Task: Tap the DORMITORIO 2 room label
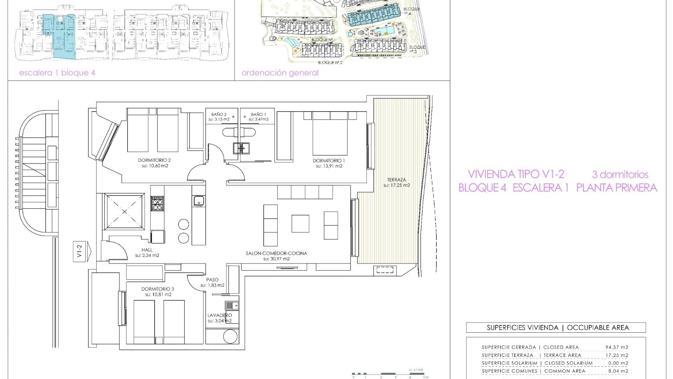(154, 160)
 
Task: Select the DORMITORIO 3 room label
(158, 289)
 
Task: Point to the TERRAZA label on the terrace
(396, 180)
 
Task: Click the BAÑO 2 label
(219, 114)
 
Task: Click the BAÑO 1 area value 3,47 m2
(259, 119)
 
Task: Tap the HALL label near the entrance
(147, 250)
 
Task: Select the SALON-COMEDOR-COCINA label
(276, 253)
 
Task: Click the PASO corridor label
(212, 280)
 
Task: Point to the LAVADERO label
(219, 315)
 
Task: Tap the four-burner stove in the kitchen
(157, 204)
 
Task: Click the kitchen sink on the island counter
(199, 201)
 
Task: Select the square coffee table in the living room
(300, 224)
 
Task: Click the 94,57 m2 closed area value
(617, 347)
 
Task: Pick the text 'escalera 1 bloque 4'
(57, 73)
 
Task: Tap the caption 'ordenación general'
(280, 73)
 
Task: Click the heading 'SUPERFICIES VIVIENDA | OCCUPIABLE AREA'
(556, 328)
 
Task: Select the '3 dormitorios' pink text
(620, 174)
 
